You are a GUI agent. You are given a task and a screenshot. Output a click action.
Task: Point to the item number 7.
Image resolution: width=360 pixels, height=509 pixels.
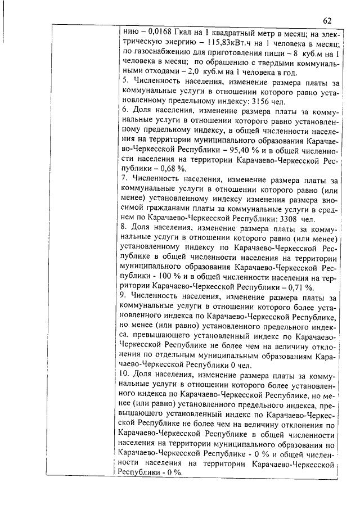pyautogui.click(x=126, y=179)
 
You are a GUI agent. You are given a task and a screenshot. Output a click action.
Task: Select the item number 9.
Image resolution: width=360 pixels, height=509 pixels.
pyautogui.click(x=125, y=296)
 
